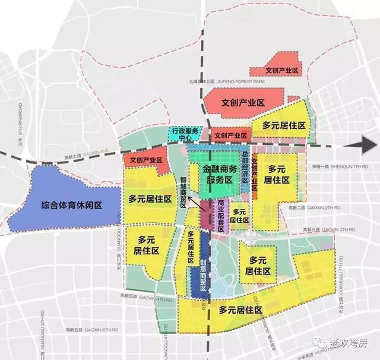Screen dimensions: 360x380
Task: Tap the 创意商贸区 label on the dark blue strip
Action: coord(204,268)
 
